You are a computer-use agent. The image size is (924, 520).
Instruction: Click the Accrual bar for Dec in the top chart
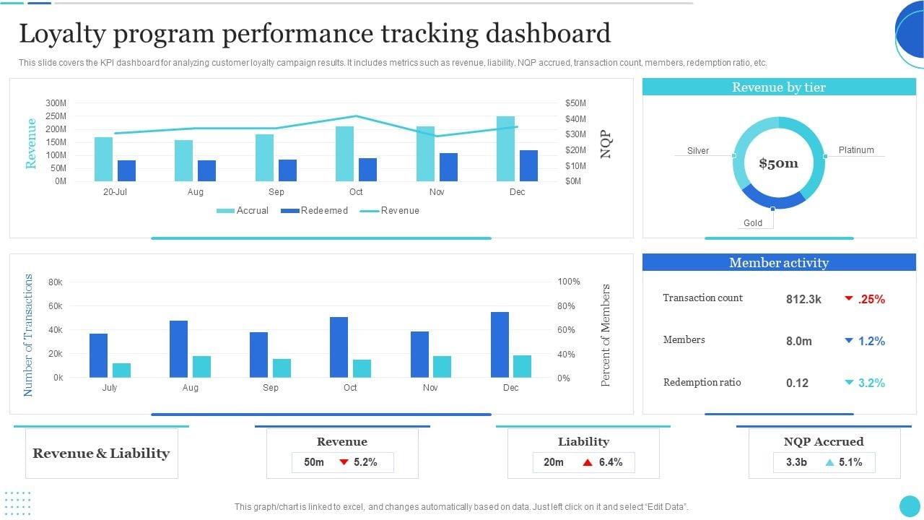point(505,149)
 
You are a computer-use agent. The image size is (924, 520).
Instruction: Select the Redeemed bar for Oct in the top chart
point(367,170)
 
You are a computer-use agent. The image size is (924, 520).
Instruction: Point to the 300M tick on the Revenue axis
point(56,103)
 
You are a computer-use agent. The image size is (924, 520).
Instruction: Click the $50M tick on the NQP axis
point(575,103)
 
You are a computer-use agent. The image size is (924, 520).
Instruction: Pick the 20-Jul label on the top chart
point(115,192)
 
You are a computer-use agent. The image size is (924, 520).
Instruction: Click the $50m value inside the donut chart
point(778,163)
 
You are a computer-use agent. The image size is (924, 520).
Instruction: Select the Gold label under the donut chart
point(753,223)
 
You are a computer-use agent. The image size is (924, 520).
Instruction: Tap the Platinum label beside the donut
point(856,150)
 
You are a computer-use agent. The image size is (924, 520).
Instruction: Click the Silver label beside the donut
point(698,151)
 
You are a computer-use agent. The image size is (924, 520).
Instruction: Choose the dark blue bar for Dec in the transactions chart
point(500,344)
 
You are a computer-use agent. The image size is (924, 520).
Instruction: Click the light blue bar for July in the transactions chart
point(122,370)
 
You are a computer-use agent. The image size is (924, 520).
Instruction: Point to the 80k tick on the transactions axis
point(56,282)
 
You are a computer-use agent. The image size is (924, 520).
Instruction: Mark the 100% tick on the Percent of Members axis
point(569,282)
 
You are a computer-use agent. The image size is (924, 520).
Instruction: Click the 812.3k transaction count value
point(803,299)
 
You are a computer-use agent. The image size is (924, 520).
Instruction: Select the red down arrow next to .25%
point(849,298)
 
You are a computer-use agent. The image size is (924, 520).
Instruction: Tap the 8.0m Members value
point(799,341)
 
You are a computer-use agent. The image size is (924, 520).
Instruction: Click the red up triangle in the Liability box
point(588,462)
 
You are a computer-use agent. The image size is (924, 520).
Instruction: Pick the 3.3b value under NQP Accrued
point(796,462)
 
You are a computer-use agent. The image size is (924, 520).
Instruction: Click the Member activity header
point(778,263)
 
